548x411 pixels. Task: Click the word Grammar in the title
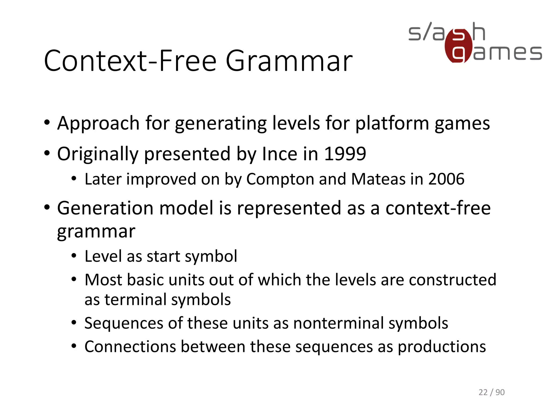tap(289, 61)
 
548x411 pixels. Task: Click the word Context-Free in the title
tap(130, 61)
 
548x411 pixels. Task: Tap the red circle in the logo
tap(458, 46)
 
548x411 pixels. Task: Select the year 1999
tap(345, 154)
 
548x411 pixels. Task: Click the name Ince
tap(279, 154)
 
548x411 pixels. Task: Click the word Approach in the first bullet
tap(98, 124)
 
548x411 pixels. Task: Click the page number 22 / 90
tap(491, 392)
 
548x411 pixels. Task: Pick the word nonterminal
tap(338, 323)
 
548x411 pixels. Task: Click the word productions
tap(442, 347)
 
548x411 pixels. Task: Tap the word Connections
tap(130, 347)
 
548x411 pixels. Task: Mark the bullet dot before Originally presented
tap(47, 154)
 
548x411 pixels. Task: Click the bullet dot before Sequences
tap(74, 323)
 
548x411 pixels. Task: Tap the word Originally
tap(98, 154)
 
